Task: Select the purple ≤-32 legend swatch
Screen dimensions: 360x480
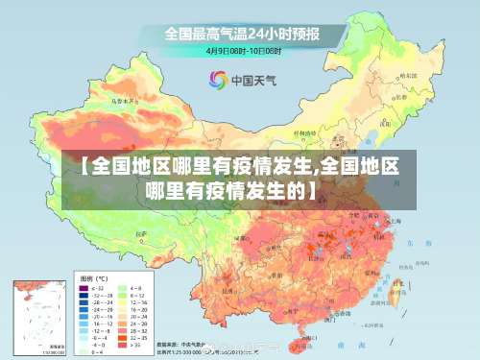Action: (x=84, y=288)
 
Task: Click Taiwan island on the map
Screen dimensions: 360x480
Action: (x=396, y=288)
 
